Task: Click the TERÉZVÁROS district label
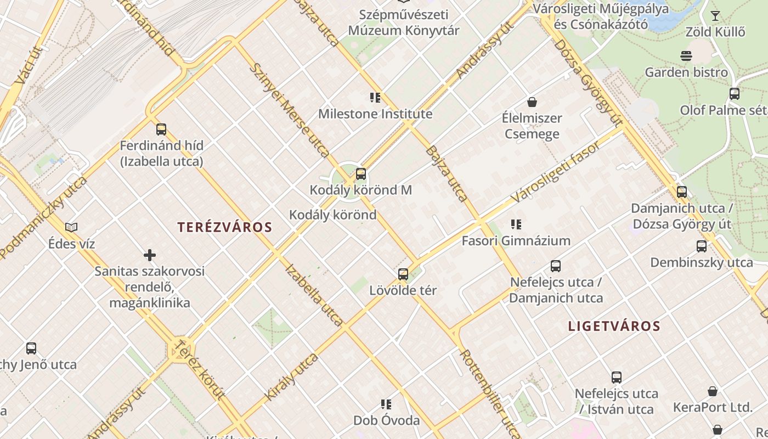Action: coord(225,227)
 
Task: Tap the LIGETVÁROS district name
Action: coord(614,326)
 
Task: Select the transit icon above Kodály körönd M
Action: coord(361,174)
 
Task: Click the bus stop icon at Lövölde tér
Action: coord(403,274)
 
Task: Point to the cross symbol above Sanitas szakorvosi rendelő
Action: coord(150,255)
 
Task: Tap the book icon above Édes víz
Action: coord(71,227)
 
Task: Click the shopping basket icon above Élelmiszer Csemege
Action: coord(532,102)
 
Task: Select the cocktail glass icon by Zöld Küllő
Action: coord(715,15)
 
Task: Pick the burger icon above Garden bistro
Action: coord(686,56)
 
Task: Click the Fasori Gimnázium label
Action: coord(516,240)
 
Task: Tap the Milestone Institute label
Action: coord(375,114)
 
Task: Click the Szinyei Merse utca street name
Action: coord(289,110)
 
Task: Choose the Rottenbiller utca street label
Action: coord(490,394)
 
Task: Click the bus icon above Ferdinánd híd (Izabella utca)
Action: coord(161,130)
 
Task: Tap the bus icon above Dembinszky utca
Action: coord(701,246)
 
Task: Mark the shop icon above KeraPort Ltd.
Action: coord(712,391)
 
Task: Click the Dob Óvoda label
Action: coord(386,420)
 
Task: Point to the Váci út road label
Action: coord(29,65)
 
